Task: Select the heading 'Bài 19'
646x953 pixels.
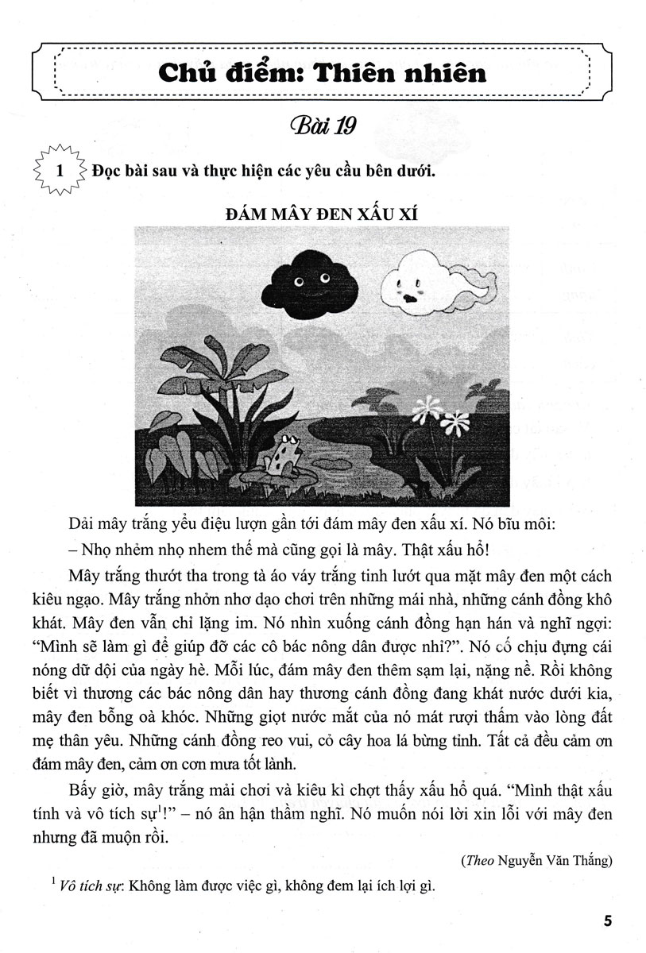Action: coord(322,126)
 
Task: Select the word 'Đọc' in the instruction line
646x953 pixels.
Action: coord(107,171)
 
